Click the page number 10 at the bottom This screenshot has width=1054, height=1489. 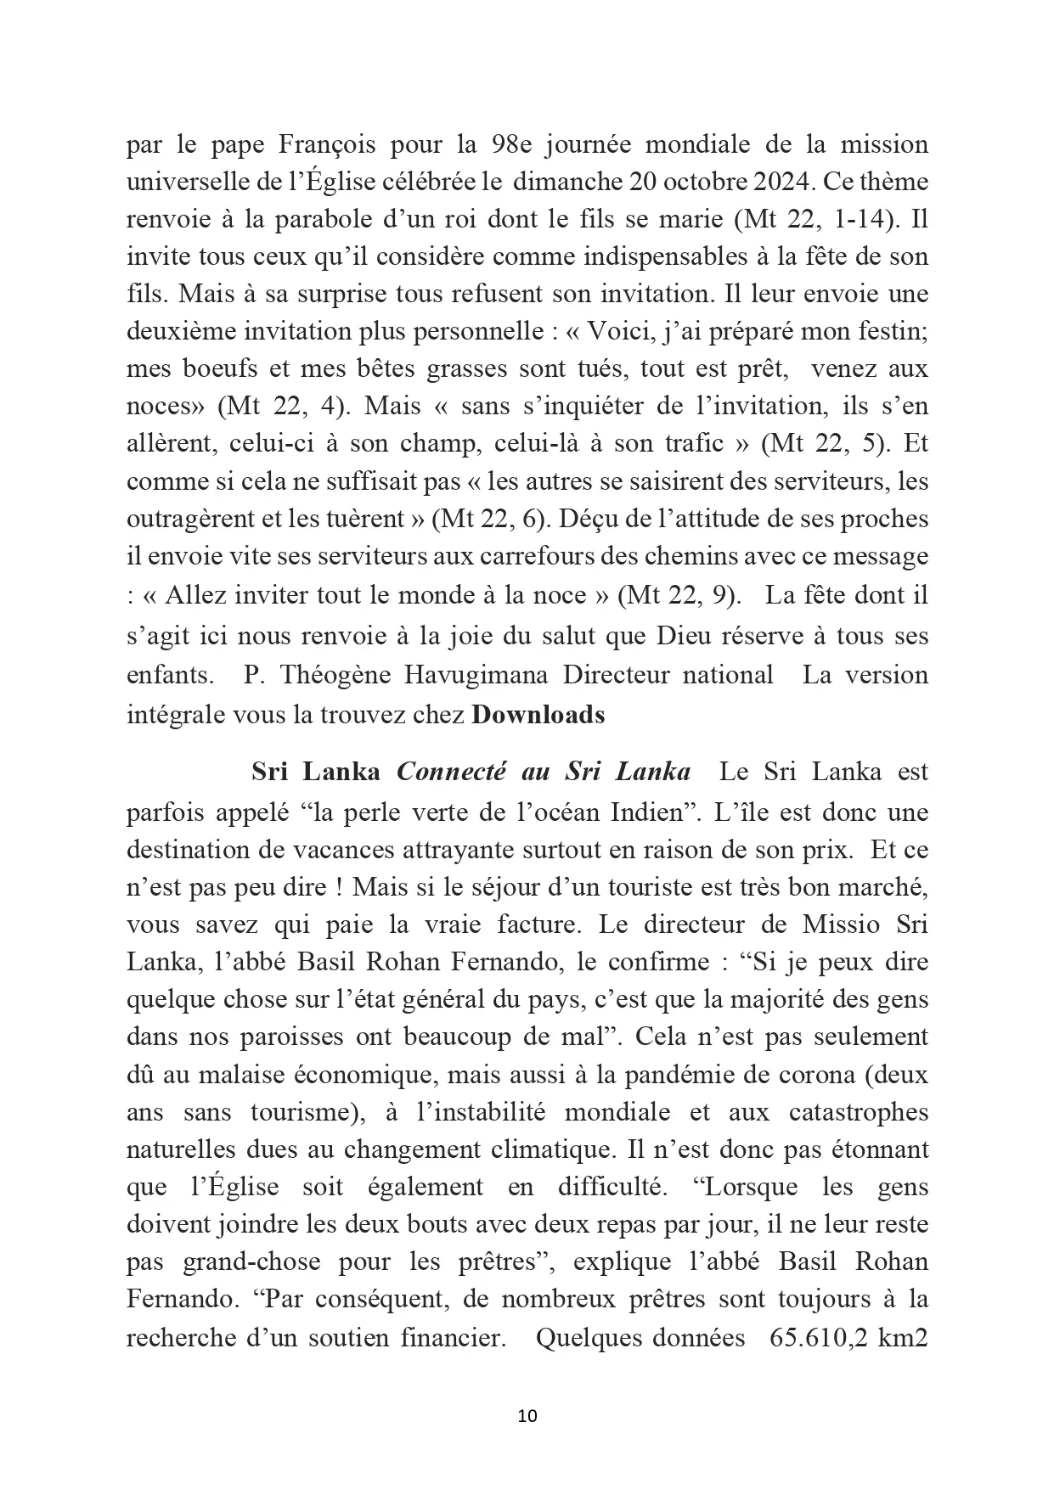tap(527, 1415)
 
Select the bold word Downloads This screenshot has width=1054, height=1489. tap(538, 715)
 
